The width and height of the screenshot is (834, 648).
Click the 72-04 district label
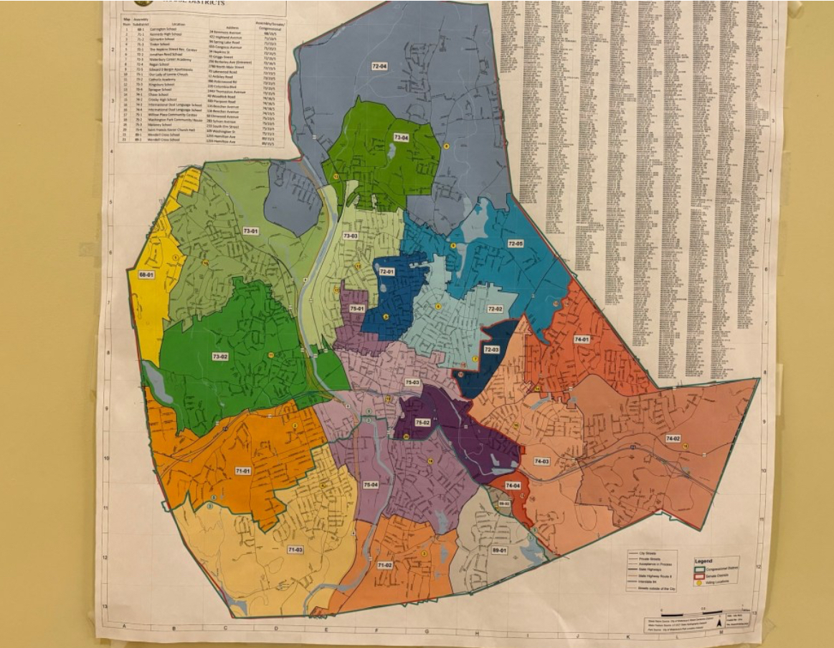[x=379, y=66]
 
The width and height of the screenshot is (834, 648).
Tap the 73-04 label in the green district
[x=401, y=137]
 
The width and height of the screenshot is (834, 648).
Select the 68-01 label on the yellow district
[x=146, y=275]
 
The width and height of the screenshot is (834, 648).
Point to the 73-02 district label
[x=219, y=357]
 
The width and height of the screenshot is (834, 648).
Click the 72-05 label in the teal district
[x=516, y=244]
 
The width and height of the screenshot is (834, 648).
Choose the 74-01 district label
[x=581, y=339]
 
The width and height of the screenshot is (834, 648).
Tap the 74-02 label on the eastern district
[x=673, y=437]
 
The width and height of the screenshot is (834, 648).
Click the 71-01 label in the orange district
[x=242, y=471]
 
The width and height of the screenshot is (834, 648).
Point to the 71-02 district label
[x=384, y=565]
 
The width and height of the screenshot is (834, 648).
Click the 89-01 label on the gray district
[x=499, y=550]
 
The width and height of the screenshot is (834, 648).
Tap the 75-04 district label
[x=371, y=485]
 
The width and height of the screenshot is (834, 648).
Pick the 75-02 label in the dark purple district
[x=422, y=423]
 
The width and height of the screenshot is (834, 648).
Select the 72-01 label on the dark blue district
[x=387, y=272]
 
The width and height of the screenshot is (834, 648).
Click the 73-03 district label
[x=350, y=236]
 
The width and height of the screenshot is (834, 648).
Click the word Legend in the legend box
[x=704, y=560]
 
